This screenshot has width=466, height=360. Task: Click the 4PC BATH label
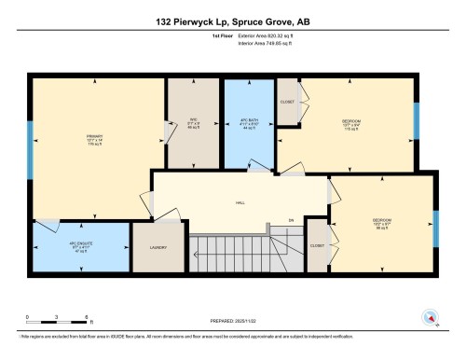[247, 122]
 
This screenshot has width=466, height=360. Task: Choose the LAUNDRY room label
[157, 248]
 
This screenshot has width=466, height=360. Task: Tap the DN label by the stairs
[290, 220]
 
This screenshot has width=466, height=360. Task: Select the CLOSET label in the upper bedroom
[287, 101]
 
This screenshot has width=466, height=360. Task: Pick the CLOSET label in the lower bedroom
[316, 246]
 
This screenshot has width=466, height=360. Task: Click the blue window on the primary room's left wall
[31, 159]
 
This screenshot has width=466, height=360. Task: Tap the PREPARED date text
[233, 321]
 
